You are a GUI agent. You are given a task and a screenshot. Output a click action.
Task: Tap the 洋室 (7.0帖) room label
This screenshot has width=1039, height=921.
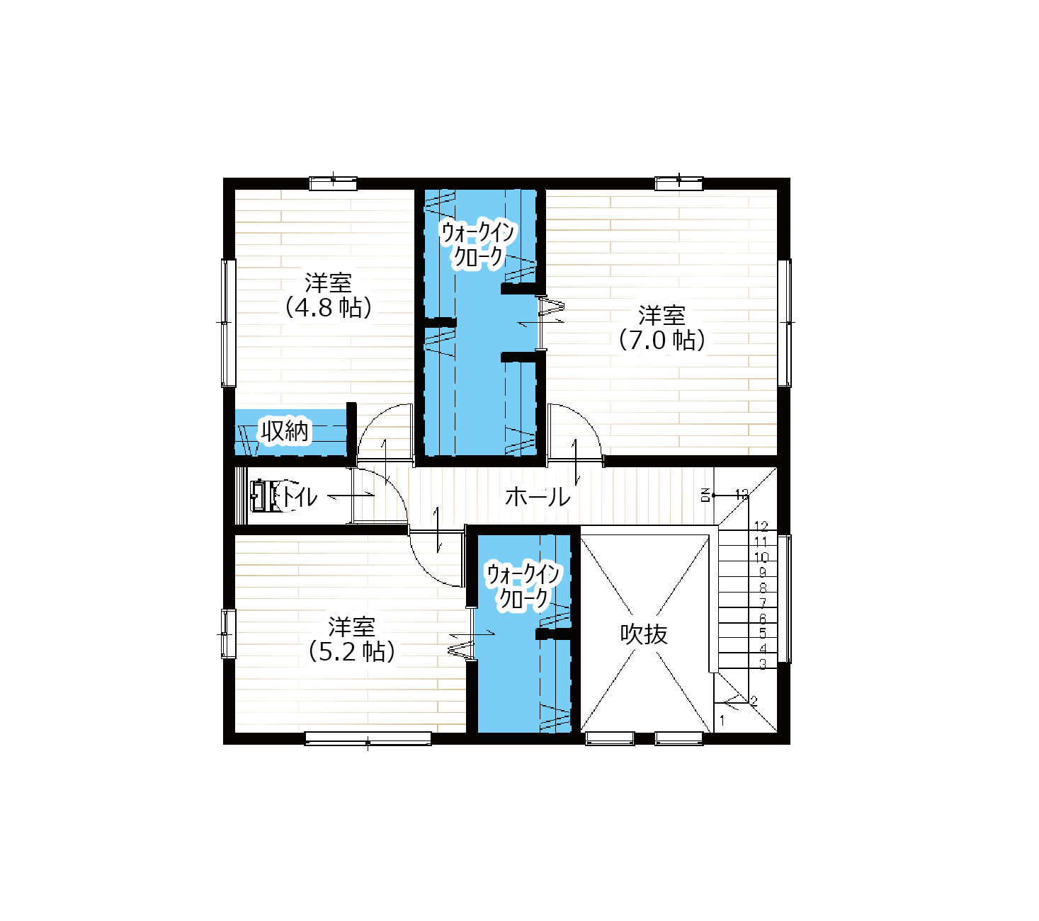[x=662, y=328]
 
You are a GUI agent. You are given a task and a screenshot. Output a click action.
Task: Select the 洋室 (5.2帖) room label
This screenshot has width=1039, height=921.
[x=352, y=639]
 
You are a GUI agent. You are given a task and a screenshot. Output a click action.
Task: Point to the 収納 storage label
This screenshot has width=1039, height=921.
[x=285, y=430]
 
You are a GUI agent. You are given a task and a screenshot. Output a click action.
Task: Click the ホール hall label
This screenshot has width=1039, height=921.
[x=538, y=497]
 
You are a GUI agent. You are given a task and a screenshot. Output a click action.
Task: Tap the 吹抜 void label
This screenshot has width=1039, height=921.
[x=644, y=634]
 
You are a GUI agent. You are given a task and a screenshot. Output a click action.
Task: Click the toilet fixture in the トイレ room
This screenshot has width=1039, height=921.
[x=265, y=496]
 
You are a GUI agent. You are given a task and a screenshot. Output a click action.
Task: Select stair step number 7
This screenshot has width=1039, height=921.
[x=763, y=602]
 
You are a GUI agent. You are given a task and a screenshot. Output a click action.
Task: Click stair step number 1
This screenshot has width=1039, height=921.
[x=722, y=720]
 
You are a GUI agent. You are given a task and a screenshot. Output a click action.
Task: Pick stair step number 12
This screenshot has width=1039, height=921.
[x=761, y=526]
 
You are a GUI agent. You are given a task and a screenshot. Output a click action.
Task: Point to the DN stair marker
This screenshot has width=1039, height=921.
[x=705, y=495]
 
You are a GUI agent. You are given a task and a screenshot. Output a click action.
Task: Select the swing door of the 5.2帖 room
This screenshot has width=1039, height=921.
[x=436, y=559]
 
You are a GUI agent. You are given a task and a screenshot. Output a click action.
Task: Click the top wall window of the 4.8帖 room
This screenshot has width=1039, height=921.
[x=333, y=183]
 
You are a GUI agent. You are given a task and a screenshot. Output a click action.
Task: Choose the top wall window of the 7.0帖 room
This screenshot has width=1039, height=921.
[x=679, y=183]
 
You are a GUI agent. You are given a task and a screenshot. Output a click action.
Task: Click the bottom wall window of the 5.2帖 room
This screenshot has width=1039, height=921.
[x=368, y=738]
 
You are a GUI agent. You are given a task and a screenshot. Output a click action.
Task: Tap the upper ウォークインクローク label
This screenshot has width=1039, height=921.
[x=478, y=244]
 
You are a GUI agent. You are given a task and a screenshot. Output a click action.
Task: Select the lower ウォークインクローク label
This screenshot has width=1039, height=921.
[x=523, y=586]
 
